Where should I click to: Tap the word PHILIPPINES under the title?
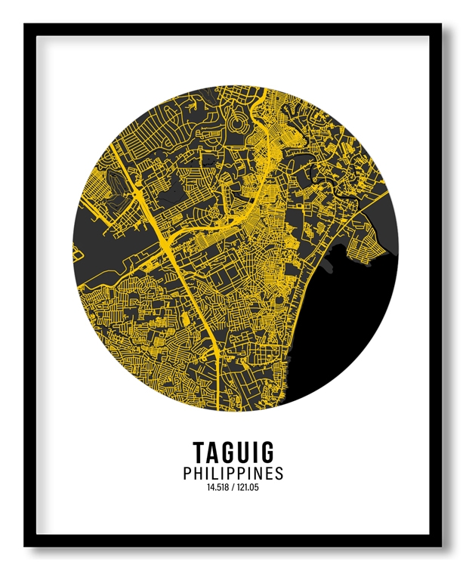[x=233, y=474]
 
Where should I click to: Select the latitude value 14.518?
[x=217, y=488]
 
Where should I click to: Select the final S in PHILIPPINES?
[x=279, y=474]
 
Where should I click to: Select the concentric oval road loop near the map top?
[x=240, y=121]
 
